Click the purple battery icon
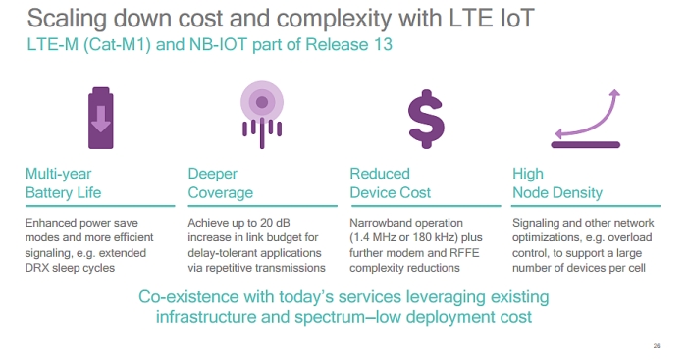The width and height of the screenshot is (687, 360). [101, 115]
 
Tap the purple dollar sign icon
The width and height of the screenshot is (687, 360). [427, 116]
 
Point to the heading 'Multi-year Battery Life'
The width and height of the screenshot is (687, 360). [64, 183]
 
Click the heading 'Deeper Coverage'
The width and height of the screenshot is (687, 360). [220, 183]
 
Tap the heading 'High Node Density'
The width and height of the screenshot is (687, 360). [556, 183]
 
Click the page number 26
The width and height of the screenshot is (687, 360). [656, 344]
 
